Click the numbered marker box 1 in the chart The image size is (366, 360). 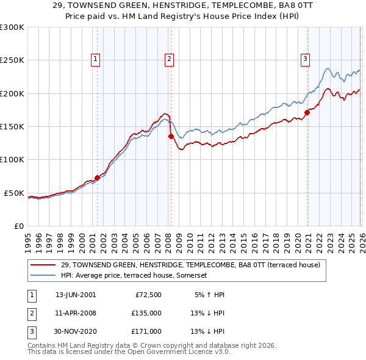[x=96, y=59]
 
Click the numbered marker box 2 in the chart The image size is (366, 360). [x=168, y=59]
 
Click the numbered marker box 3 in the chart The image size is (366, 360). [x=305, y=59]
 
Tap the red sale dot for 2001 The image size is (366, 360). [x=97, y=178]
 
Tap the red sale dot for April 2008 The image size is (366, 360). [x=171, y=136]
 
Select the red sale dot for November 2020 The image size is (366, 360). [x=307, y=112]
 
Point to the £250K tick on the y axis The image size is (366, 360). [x=12, y=60]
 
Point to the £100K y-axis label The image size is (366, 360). [x=12, y=159]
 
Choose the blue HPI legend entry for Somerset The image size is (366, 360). [x=135, y=275]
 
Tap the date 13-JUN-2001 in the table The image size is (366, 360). [x=76, y=295]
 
